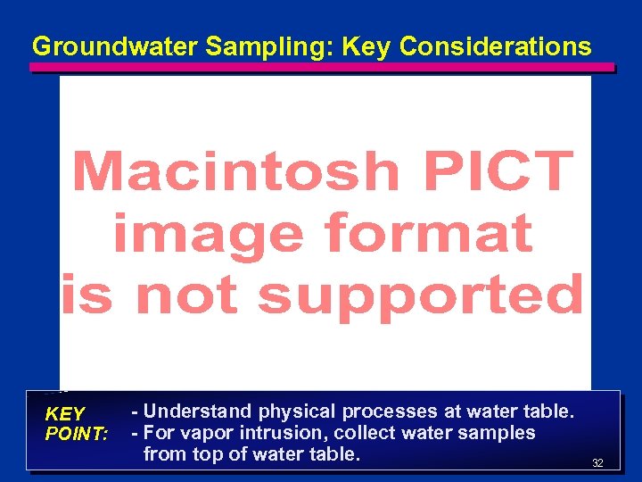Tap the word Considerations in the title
click(x=495, y=46)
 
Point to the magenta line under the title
click(x=321, y=67)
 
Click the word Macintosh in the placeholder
click(x=235, y=170)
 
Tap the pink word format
click(x=429, y=234)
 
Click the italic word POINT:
click(x=77, y=433)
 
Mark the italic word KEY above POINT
click(x=64, y=414)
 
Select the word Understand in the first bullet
click(x=199, y=411)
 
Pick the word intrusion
click(x=275, y=433)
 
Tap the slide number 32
click(x=597, y=463)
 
